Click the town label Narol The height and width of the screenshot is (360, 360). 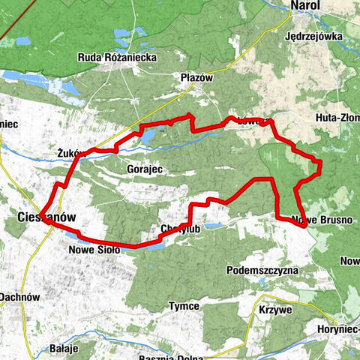305,6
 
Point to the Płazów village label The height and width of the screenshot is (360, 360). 197,77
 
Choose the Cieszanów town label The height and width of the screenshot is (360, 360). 46,217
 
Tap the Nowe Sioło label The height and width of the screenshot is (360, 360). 94,249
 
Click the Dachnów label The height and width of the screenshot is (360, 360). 19,297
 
